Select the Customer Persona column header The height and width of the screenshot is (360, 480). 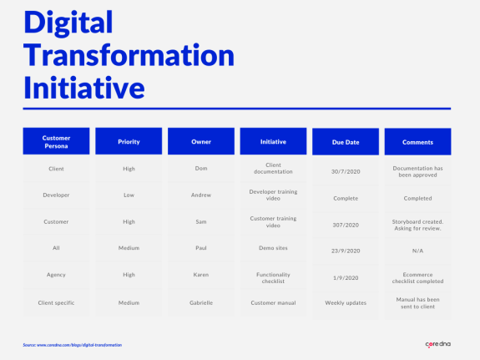click(56, 142)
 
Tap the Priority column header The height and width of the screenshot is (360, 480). click(129, 142)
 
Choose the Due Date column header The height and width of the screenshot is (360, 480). click(346, 142)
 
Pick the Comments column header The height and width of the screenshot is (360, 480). click(417, 142)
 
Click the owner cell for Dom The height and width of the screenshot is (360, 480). click(200, 169)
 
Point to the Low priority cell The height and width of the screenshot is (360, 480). click(129, 195)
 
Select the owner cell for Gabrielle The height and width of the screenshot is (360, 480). click(200, 302)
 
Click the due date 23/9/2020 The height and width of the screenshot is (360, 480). click(346, 249)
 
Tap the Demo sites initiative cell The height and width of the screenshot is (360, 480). click(273, 248)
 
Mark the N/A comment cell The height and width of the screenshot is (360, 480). click(417, 249)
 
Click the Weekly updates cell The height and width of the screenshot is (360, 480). click(346, 303)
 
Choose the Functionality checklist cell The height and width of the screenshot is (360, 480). click(273, 276)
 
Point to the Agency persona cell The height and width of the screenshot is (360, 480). click(56, 275)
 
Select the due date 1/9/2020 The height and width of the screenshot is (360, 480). click(346, 276)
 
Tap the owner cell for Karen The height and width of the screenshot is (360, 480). click(200, 275)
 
